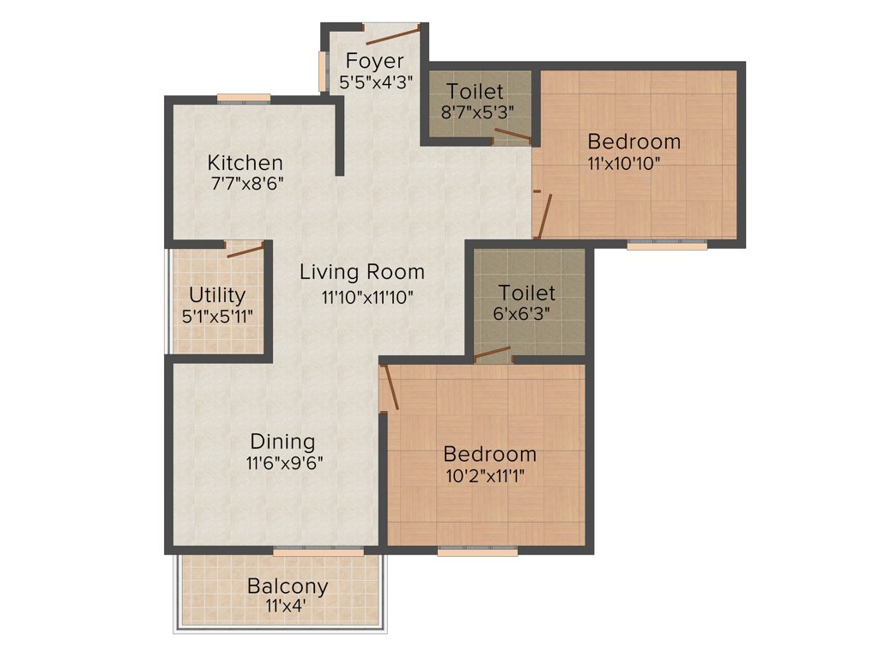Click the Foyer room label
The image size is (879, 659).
375,61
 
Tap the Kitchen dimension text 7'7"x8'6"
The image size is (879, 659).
246,183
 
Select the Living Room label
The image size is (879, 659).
361,272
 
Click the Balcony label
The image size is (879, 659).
288,586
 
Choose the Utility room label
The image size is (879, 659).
217,295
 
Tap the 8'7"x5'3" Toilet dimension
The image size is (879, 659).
476,112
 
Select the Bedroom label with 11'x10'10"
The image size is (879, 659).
633,141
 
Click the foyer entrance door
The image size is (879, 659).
393,34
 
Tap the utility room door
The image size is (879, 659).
245,251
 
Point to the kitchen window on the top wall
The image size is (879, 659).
244,98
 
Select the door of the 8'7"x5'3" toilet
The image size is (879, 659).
513,134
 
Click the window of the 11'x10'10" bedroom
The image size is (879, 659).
667,245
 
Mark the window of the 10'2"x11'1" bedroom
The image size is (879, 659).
477,552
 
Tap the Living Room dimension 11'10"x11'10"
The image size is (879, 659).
368,297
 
